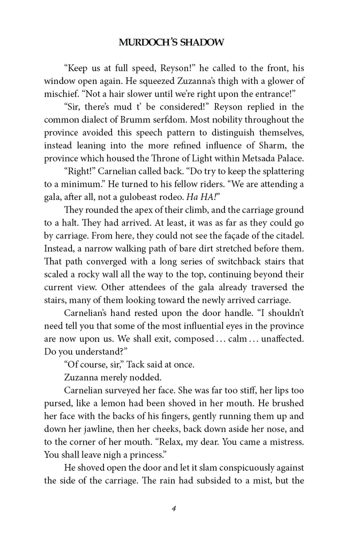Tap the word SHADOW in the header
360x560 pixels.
click(x=201, y=42)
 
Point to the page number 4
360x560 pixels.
click(x=173, y=508)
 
